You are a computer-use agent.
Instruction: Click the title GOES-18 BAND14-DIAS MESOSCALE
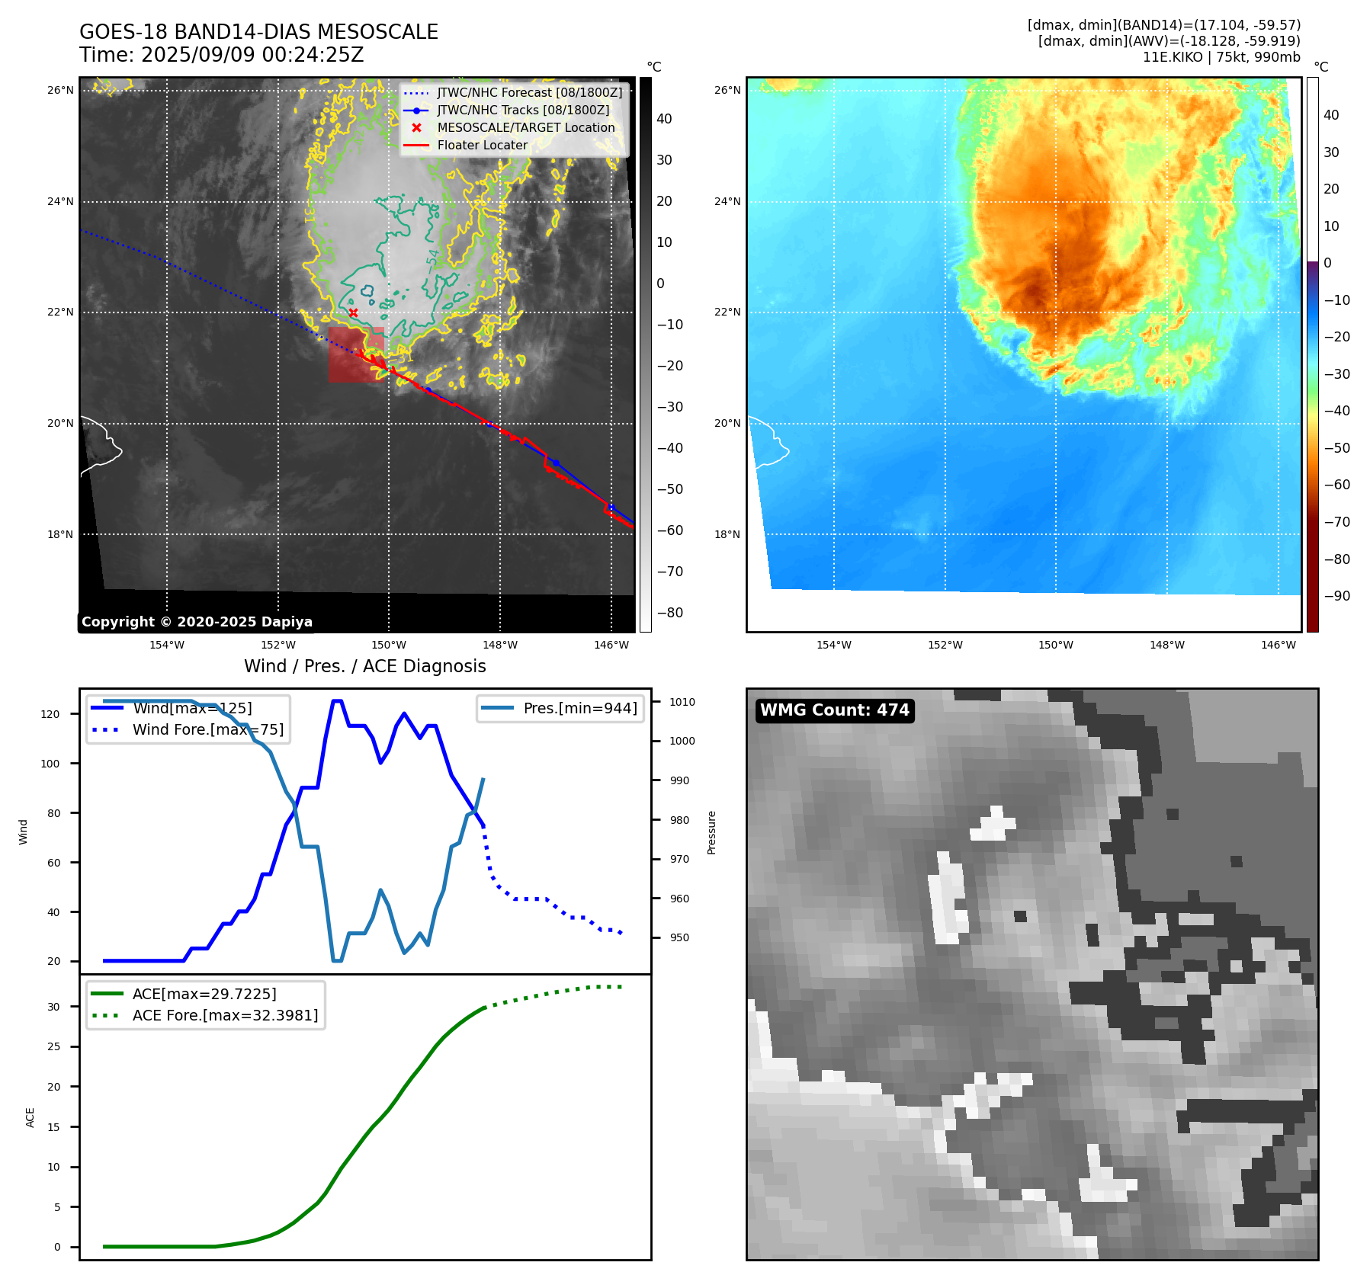click(258, 32)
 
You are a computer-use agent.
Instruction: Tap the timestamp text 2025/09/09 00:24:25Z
click(252, 56)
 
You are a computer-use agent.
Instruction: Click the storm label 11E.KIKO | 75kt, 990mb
click(1221, 57)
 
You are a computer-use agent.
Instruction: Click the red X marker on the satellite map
click(353, 312)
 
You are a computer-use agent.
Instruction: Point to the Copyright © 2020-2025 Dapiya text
click(197, 622)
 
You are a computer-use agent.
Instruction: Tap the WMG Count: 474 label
click(834, 710)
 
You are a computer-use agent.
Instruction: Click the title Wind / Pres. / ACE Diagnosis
click(364, 666)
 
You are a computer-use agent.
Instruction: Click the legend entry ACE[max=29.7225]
click(204, 994)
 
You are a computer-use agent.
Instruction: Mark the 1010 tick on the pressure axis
click(682, 702)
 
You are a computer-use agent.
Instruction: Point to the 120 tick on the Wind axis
click(50, 714)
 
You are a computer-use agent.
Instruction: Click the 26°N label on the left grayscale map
click(60, 90)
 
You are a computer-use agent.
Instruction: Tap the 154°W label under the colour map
click(833, 645)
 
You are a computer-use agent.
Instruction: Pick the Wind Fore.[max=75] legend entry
click(207, 729)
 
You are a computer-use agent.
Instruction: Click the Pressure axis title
click(711, 832)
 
